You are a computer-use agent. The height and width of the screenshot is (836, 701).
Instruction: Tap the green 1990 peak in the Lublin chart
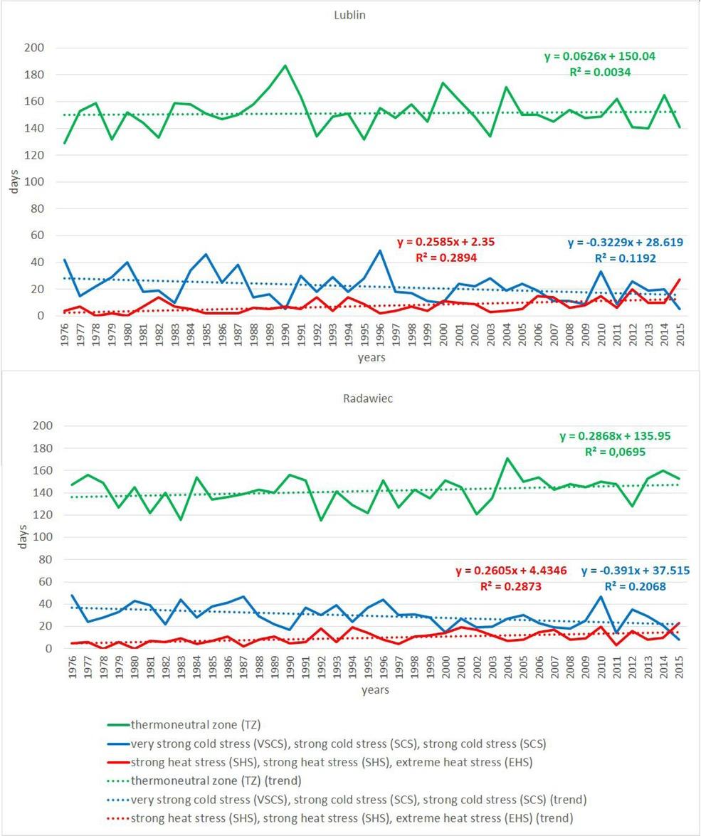[285, 65]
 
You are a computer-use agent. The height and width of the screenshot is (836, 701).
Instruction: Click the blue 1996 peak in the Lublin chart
[379, 250]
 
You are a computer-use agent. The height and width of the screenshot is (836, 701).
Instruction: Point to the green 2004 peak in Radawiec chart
[506, 458]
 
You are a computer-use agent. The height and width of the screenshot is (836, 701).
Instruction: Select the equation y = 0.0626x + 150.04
[588, 57]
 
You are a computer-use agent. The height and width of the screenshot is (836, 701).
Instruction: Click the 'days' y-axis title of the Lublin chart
[14, 182]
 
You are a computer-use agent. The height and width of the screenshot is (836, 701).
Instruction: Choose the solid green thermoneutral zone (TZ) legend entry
[196, 725]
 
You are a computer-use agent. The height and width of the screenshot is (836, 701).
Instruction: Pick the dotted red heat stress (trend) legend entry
[342, 818]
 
